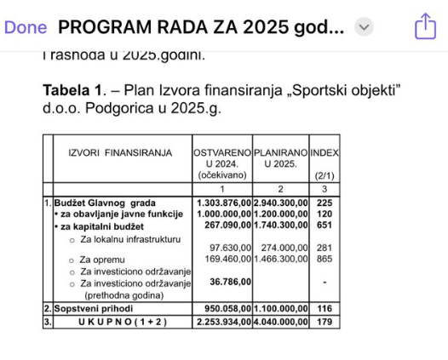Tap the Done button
point(26,26)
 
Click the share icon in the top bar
point(425,27)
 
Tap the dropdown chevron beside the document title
point(364,27)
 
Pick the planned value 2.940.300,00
point(280,203)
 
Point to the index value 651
point(324,226)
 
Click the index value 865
point(324,258)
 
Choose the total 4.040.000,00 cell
point(280,322)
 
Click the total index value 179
point(324,322)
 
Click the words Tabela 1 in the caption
point(72,89)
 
